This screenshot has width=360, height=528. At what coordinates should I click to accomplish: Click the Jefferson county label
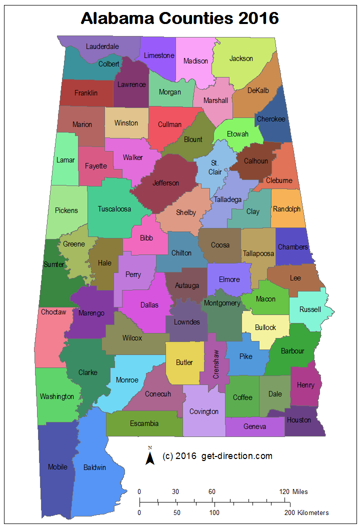pos(165,183)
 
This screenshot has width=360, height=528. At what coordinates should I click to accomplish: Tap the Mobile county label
pos(57,467)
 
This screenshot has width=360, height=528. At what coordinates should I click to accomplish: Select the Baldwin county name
pos(94,467)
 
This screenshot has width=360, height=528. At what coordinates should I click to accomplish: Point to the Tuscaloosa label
pos(114,209)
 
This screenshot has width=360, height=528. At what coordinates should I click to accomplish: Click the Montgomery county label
pos(222,303)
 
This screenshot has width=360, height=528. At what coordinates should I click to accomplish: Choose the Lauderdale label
pos(102,46)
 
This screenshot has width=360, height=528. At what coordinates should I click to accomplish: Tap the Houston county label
pos(298,420)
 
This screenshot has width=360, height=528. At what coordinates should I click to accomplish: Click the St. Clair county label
pos(215,167)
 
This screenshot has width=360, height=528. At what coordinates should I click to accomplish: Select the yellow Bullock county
pos(265,327)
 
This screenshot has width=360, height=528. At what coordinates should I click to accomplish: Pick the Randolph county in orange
pos(287,209)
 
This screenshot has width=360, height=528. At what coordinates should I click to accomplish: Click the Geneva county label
pos(255,426)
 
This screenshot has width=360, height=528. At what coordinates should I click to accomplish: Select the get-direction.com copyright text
pos(217,456)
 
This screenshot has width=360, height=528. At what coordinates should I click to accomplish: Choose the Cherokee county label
pos(270,119)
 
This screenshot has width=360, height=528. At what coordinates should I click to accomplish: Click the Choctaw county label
pos(53,312)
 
